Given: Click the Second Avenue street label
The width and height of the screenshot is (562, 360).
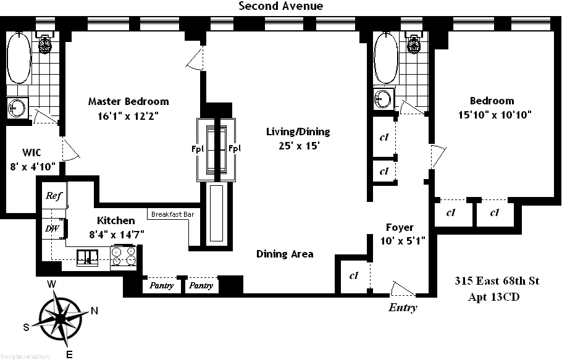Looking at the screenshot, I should pos(281,6).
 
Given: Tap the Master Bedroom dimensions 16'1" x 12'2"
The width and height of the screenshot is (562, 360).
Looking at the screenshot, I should pos(128,115).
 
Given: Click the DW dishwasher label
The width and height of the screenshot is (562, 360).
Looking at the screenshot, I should pos(51,228).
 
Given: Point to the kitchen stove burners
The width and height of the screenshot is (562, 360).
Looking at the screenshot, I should pos(124,256).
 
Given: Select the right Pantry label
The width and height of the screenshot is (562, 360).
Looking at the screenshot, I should pos(201,286).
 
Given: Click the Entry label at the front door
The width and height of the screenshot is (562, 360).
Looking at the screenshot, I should pos(403,308).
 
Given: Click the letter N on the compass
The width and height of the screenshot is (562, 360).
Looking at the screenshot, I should pos(94,311).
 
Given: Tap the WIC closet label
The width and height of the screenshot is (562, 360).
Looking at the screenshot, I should pos(31,152).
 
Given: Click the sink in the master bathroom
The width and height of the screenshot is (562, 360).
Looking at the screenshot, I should pos(18,107).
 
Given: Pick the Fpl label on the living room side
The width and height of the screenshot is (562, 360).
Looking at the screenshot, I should pos(235,148).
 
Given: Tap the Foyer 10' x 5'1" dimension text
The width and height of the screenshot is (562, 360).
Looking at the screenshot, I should pos(400,240).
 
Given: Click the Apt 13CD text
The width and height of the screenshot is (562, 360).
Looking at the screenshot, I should pos(494,297).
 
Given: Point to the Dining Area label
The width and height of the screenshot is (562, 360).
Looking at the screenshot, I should pos(285,254).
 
